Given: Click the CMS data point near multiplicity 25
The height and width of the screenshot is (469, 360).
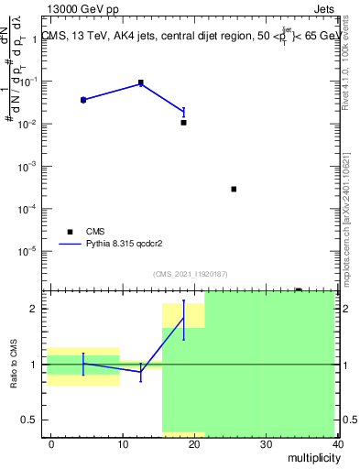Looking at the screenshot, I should pos(234,189).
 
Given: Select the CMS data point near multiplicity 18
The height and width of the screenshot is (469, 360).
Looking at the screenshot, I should pos(183,122).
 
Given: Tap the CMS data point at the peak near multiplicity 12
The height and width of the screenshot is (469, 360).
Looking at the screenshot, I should pos(140,83).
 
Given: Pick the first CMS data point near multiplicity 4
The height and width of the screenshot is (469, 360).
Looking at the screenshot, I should pos(83,100).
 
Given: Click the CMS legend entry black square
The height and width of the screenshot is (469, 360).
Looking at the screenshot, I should pos(69,233).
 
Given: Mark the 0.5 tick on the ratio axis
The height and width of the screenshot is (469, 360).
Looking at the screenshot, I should pos(29,420).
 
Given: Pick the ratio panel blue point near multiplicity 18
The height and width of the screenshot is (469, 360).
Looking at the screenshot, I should pos(183,319).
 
